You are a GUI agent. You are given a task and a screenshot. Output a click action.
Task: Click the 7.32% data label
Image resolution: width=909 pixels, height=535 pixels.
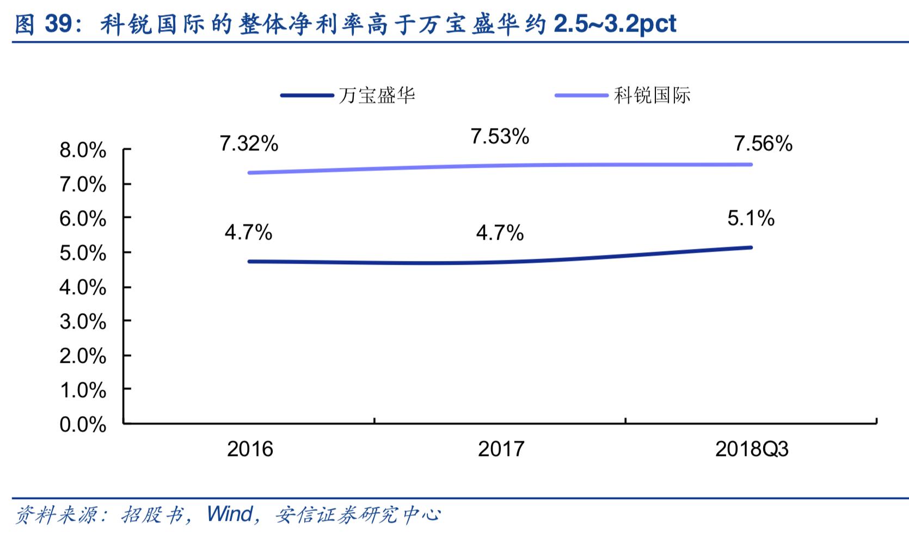coord(249,144)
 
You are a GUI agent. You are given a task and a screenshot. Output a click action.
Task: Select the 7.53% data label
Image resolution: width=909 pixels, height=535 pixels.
coord(500,136)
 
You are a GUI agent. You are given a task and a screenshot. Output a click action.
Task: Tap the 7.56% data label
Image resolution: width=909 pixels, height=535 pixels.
coord(763,143)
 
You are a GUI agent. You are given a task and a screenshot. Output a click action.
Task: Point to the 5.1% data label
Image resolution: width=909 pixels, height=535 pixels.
coord(751,218)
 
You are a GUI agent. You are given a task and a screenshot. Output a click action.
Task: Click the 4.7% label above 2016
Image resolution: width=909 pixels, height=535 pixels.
coord(248,233)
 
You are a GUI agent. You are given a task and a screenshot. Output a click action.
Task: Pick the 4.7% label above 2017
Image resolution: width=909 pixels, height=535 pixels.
coord(500,233)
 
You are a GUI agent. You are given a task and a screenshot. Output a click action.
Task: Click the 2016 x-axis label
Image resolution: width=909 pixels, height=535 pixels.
coord(250,449)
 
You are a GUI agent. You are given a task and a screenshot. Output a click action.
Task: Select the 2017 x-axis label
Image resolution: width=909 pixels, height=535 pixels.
coord(501,449)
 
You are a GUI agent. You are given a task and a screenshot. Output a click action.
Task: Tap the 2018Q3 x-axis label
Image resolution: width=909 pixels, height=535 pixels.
coord(752,449)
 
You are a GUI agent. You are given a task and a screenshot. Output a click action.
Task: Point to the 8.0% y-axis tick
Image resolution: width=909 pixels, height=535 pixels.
coord(83,150)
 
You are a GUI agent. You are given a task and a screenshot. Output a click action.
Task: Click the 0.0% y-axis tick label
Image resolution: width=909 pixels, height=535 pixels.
coord(83,424)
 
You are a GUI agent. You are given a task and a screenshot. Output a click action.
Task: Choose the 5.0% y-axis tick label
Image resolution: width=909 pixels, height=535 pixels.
coord(83,253)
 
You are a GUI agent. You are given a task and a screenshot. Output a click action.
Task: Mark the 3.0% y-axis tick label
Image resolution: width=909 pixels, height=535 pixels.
coord(83,322)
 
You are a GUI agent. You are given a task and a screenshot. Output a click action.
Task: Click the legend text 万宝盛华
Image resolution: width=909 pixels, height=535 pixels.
coord(377,95)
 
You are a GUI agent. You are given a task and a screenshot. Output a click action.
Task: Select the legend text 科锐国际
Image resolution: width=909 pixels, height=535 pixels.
coord(652,95)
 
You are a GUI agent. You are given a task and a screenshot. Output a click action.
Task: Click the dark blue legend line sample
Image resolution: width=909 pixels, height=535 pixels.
coord(307,95)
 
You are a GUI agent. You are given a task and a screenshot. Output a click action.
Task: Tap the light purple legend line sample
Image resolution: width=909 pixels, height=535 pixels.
coord(581,95)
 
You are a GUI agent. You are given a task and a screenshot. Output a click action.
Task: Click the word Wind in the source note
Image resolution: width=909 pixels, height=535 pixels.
coord(230,514)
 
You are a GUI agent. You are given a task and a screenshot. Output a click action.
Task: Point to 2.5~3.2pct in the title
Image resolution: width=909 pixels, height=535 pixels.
coord(615,23)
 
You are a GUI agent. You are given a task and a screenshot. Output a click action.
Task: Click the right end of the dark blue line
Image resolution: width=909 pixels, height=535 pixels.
coord(751,247)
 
